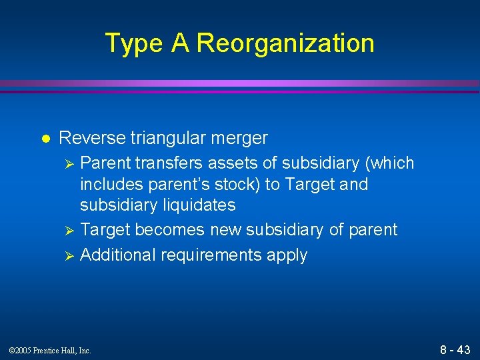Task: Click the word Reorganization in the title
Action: pyautogui.click(x=285, y=44)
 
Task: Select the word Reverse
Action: pyautogui.click(x=92, y=139)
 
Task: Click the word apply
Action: pyautogui.click(x=287, y=255)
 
